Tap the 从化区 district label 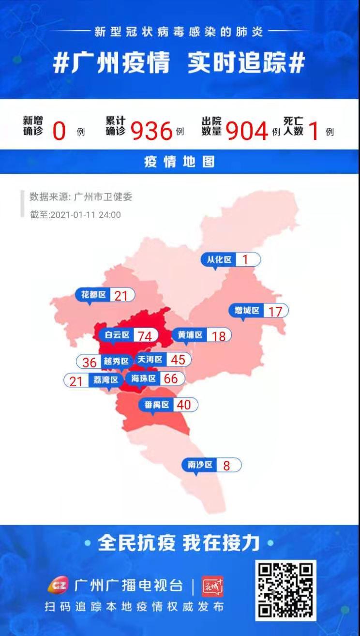219,259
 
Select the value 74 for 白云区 144,335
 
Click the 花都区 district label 93,294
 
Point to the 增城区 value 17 275,311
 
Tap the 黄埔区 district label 190,334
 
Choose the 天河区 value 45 178,360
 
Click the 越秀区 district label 116,362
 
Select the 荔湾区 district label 106,380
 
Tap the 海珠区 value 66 171,379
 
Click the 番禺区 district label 157,405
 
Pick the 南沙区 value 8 226,466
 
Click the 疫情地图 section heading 180,162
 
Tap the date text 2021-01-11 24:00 85,215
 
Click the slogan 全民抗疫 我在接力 179,543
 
